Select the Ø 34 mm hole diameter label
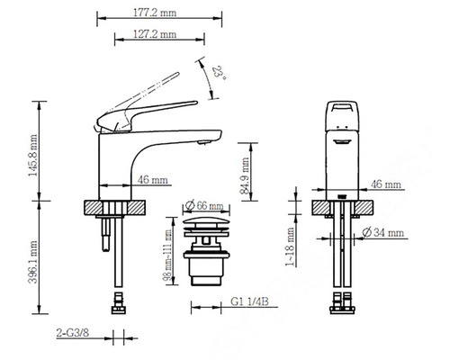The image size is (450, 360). tap(382, 234)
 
